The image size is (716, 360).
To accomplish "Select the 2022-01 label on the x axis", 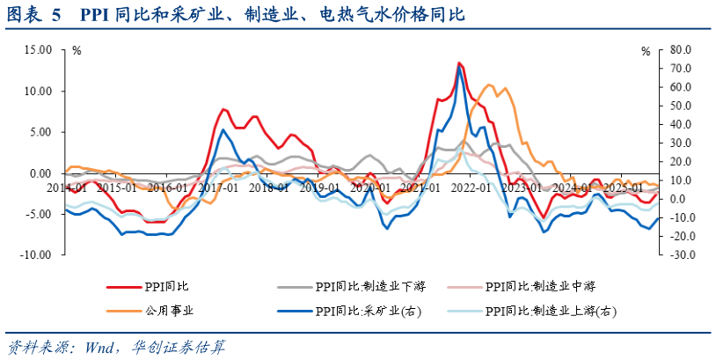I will [x=472, y=187].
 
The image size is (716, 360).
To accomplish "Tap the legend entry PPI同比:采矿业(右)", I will [x=356, y=310].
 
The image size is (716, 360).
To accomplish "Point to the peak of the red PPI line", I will [x=459, y=63].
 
